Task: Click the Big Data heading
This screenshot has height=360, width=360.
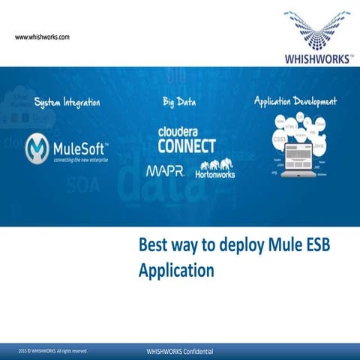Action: [178, 101]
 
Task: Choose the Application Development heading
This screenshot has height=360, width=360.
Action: [295, 101]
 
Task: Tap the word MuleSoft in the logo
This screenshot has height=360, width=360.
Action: [81, 146]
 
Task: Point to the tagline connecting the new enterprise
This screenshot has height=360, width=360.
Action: [81, 159]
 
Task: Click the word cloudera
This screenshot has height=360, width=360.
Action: [181, 131]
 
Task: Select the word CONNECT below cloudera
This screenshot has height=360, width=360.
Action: [187, 145]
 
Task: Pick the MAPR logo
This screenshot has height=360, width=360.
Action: [165, 172]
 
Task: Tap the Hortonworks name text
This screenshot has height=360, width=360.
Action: [216, 175]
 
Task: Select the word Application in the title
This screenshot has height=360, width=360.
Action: [176, 270]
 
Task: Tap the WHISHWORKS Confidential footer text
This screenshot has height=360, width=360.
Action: [179, 351]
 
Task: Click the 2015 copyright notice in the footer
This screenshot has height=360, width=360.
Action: [53, 351]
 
